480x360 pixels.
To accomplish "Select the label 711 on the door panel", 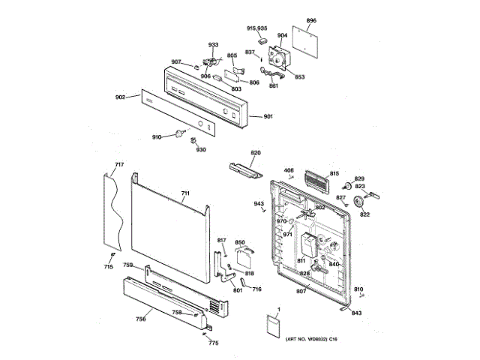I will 185,193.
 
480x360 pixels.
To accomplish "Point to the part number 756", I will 120,319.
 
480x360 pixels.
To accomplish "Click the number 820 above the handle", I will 256,153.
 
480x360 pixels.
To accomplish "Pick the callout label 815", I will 334,173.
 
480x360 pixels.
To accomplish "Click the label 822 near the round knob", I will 364,215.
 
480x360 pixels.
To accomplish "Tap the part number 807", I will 300,291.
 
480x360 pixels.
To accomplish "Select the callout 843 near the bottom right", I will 357,313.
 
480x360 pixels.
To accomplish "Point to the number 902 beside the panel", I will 120,98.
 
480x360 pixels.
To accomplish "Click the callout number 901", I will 268,116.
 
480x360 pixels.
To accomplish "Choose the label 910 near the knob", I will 157,136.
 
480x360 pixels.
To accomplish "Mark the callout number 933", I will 214,45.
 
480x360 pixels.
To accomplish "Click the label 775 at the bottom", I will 214,343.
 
